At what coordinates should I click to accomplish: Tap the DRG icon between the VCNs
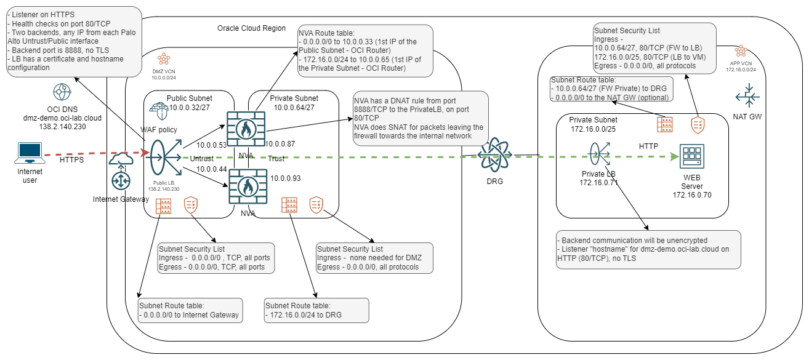tap(496, 154)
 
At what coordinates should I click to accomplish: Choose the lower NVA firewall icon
tap(248, 186)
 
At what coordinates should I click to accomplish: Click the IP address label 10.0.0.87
tap(281, 144)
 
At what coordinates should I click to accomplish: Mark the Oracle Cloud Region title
tap(251, 28)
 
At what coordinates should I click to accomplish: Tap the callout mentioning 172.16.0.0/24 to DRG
tap(316, 310)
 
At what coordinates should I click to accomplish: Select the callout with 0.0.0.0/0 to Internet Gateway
tap(190, 310)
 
